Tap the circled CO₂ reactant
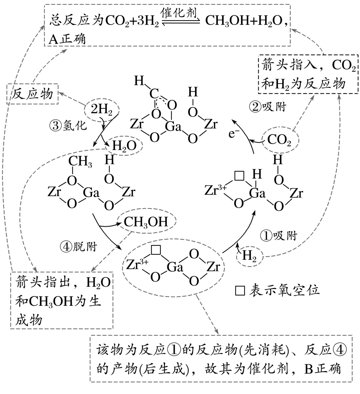point(279,141)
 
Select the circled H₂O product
point(124,146)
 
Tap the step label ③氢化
point(68,126)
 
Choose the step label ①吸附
point(278,236)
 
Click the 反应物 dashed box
point(32,94)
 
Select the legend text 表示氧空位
point(284,290)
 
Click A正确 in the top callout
point(67,39)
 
